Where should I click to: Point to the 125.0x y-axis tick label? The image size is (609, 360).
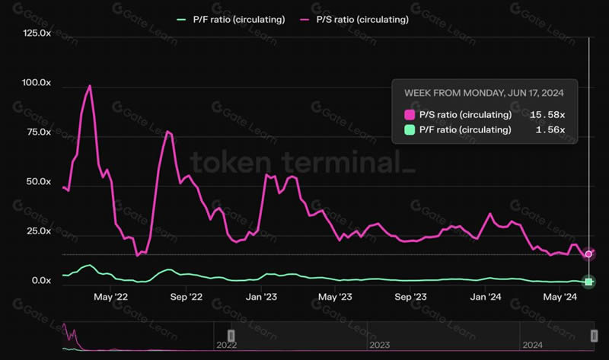click(36, 33)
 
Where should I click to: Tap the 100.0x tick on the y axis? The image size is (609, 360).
click(36, 83)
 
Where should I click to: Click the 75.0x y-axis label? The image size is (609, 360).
click(37, 132)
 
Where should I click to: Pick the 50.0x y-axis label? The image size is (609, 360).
click(37, 182)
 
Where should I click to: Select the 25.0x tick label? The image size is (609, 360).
click(37, 231)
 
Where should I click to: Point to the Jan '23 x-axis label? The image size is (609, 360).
click(262, 296)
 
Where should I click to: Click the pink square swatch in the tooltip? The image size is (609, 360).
click(410, 115)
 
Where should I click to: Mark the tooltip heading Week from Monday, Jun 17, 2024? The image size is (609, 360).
click(483, 93)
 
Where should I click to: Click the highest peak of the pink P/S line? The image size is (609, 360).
click(91, 86)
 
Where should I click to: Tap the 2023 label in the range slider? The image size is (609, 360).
click(379, 345)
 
